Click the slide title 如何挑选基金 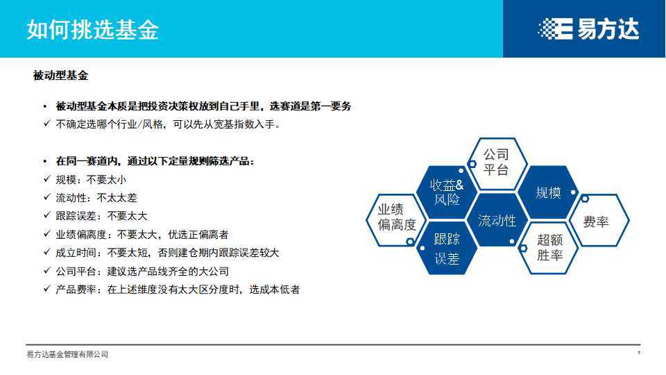[93, 30]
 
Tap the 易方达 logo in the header [588, 29]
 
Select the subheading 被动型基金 [60, 76]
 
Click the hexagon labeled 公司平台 [495, 162]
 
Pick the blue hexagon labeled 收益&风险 [446, 192]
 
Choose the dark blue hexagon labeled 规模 [548, 192]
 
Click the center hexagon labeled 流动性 [497, 221]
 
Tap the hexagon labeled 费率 [596, 222]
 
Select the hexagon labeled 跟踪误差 [446, 249]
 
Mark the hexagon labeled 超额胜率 [549, 247]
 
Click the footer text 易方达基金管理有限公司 [67, 355]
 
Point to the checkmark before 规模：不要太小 [46, 179]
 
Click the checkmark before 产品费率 [46, 290]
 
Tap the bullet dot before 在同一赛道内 [45, 161]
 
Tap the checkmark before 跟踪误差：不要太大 [46, 216]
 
